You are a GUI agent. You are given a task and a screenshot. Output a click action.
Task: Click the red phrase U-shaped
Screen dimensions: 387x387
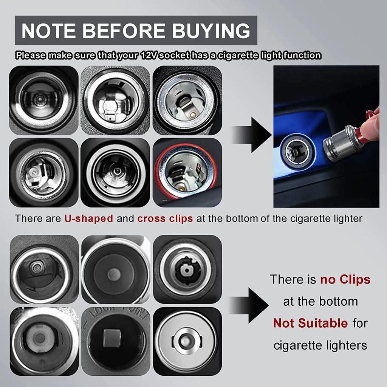point(89,218)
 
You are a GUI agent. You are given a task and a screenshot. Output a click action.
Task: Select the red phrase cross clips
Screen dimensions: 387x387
point(165,218)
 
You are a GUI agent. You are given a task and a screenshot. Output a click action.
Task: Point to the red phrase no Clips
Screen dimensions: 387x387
point(345,280)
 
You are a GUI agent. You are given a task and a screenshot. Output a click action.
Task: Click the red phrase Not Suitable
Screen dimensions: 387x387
point(310,323)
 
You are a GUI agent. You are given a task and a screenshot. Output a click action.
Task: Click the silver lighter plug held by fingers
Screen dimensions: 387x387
point(338,144)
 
